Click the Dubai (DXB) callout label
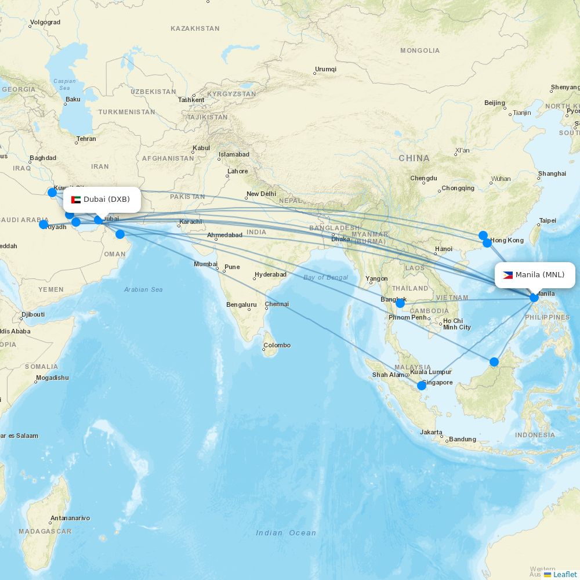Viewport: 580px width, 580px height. coord(101,200)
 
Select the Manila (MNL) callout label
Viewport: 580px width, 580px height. coord(534,275)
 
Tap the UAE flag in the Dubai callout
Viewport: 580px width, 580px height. coord(76,200)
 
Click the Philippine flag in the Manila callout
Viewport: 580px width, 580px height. coord(507,275)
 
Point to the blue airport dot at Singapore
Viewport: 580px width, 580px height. coord(422,386)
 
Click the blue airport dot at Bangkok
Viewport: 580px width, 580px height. coord(400,303)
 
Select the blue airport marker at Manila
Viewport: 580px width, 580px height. coord(534,298)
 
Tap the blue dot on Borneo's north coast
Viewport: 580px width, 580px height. coord(494,362)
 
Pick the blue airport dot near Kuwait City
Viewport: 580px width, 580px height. coord(52,192)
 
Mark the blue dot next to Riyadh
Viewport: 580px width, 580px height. coord(43,224)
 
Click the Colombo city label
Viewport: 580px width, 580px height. coord(277,345)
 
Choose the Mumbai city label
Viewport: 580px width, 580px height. coord(205,264)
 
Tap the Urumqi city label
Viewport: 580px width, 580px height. coord(325,69)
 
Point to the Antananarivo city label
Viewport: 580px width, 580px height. coord(70,518)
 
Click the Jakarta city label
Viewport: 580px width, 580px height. coord(432,432)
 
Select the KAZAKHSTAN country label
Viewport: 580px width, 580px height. coord(195,28)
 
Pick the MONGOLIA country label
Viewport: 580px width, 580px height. coord(420,50)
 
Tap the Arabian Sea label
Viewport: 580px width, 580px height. coord(143,289)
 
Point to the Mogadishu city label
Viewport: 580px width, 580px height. coord(52,378)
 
